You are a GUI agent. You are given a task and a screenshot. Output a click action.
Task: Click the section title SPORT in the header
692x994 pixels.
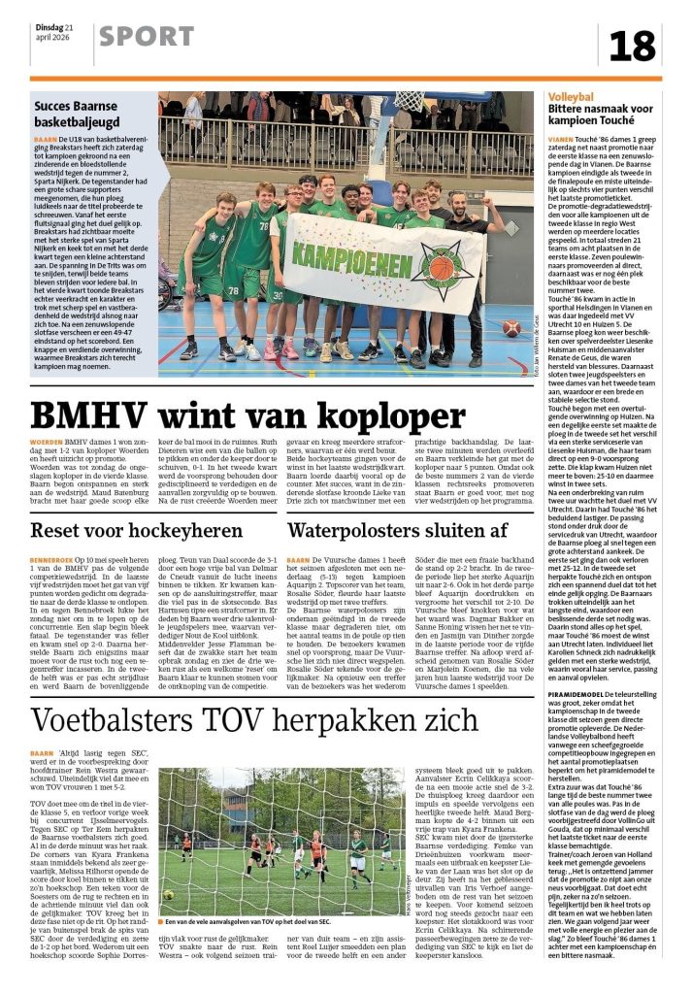click(x=146, y=37)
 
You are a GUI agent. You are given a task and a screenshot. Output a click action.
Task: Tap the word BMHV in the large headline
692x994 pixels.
click(x=98, y=415)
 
